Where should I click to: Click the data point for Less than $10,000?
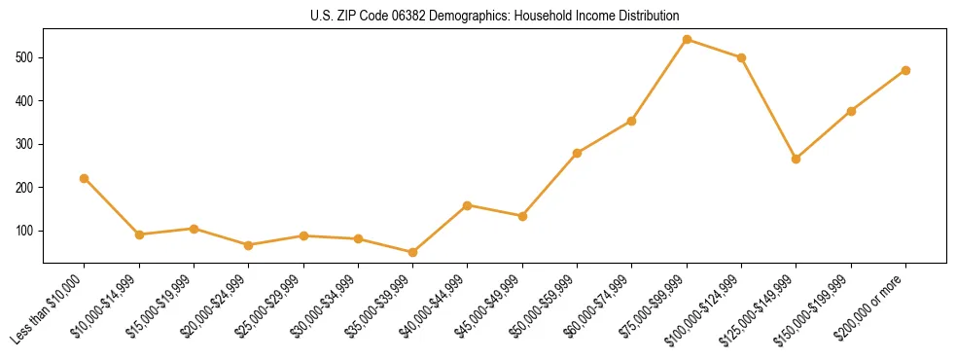coord(85,178)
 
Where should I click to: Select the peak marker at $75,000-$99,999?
coord(687,40)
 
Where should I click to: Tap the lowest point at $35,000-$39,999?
coord(413,252)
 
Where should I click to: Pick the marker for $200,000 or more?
coord(905,70)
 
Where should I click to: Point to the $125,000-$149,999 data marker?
coord(797,159)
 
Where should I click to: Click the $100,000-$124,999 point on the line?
coord(741,57)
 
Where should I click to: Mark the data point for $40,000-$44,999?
coord(468,205)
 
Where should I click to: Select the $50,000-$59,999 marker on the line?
coord(578,153)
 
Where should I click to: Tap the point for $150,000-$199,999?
coord(851,111)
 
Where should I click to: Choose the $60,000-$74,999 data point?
coord(632,121)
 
